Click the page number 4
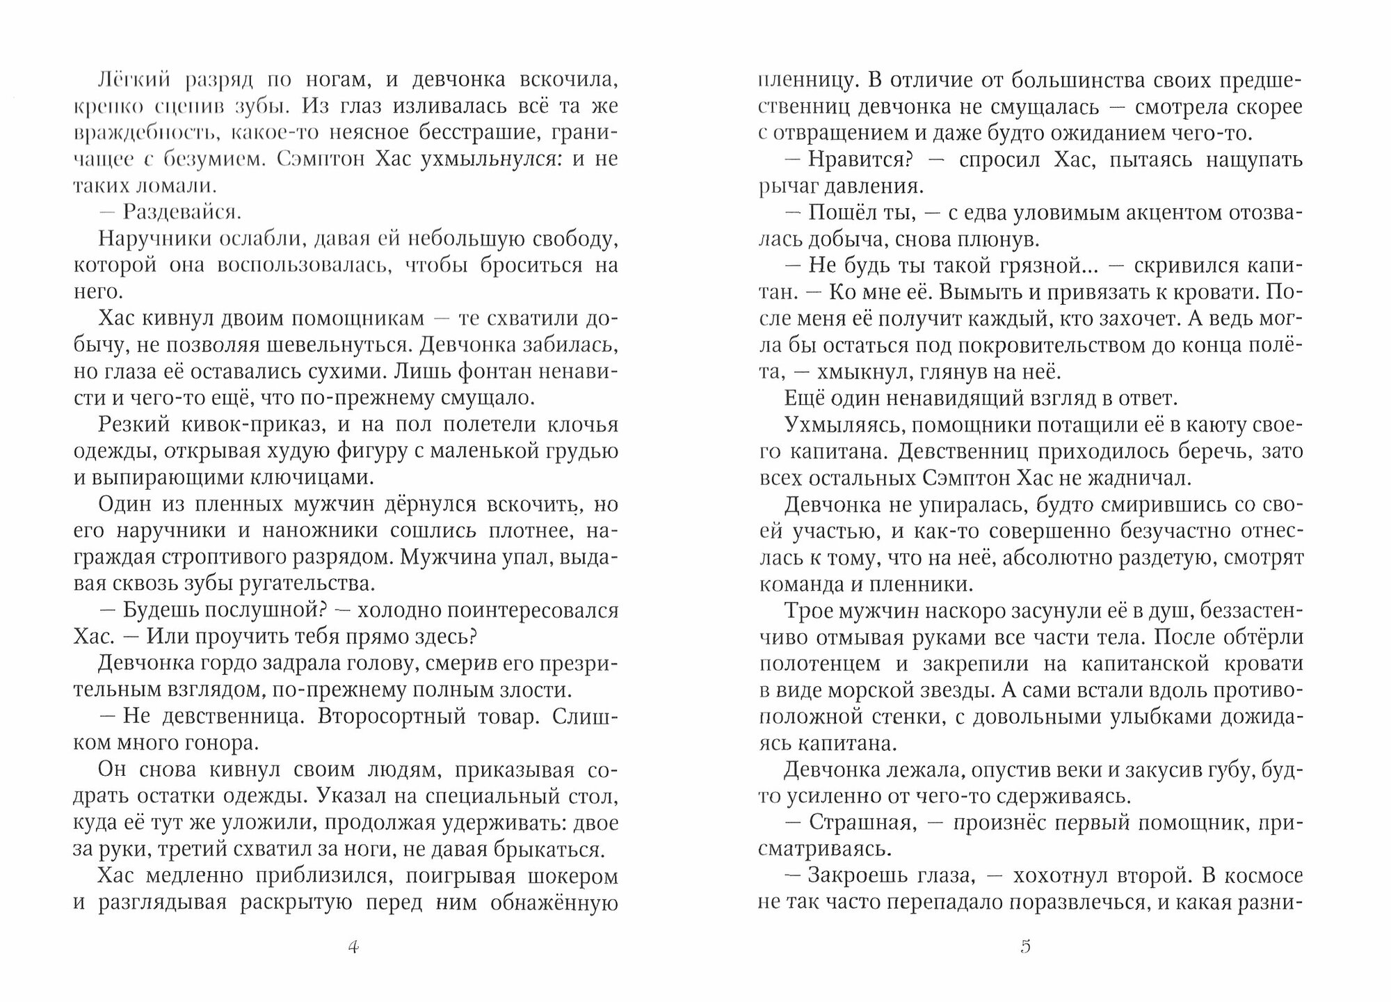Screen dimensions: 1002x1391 click(x=353, y=947)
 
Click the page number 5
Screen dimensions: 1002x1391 click(x=1025, y=947)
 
